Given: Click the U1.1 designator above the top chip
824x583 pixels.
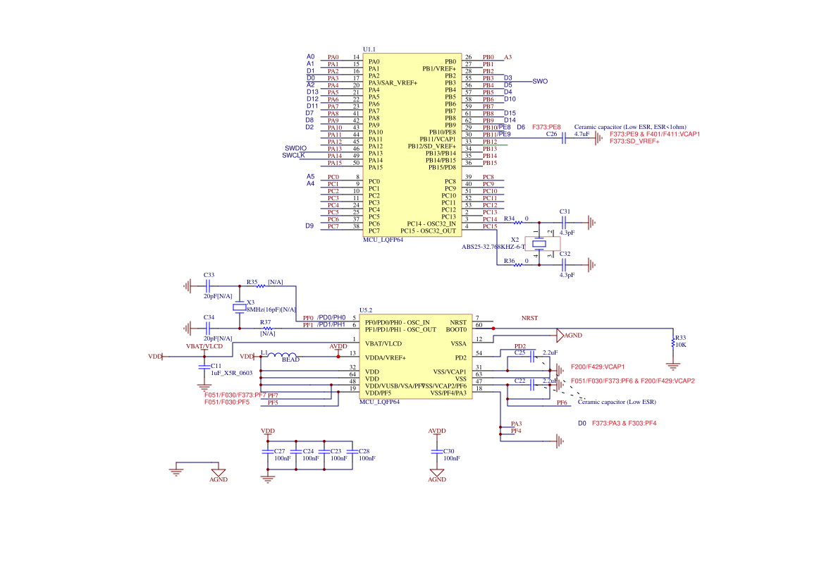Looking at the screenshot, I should (369, 49).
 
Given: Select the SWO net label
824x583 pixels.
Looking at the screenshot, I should (540, 81).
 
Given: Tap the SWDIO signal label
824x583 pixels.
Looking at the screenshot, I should (295, 147).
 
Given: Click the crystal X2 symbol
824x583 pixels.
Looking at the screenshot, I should (539, 245).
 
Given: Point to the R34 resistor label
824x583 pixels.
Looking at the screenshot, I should (509, 219).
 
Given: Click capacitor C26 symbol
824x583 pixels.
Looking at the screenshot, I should (564, 139).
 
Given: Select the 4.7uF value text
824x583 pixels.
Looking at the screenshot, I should (582, 133).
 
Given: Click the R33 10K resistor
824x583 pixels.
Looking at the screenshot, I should (673, 341).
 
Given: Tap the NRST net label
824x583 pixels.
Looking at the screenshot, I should (529, 318).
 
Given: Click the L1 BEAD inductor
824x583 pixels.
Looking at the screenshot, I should (285, 355).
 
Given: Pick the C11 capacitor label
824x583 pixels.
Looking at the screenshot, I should (216, 366).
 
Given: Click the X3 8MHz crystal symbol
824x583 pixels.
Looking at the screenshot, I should (240, 308).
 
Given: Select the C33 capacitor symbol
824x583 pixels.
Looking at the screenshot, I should (207, 286).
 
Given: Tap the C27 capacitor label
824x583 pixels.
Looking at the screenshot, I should (279, 450).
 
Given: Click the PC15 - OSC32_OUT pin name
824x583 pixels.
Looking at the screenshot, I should (429, 231).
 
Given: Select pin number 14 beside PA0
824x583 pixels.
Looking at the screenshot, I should (356, 57).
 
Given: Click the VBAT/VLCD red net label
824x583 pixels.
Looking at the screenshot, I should (204, 346).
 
